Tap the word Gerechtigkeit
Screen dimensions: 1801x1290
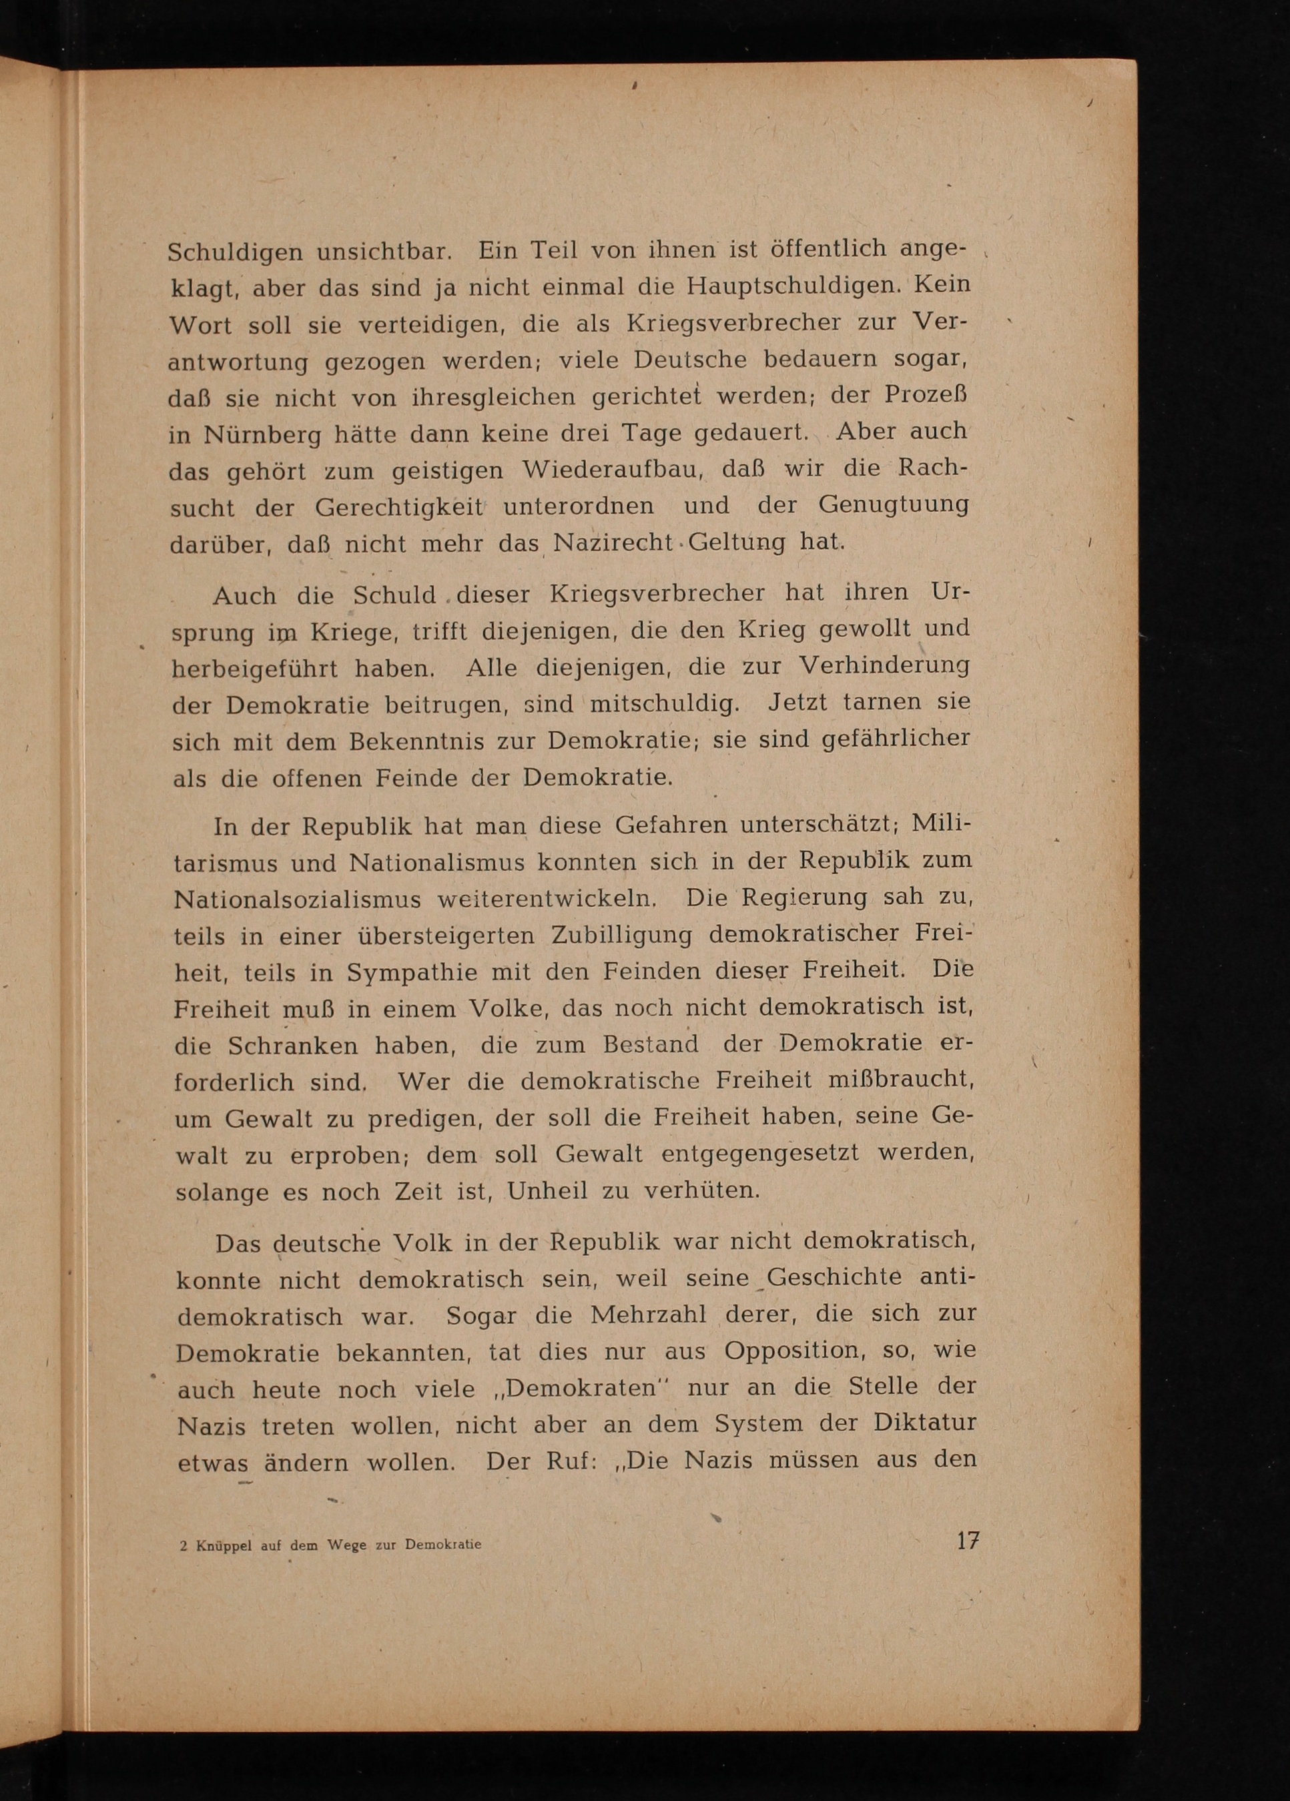coord(399,506)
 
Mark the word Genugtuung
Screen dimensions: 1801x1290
coord(894,505)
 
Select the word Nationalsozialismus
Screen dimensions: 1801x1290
coord(297,899)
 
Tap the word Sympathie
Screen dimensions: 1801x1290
coord(412,973)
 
